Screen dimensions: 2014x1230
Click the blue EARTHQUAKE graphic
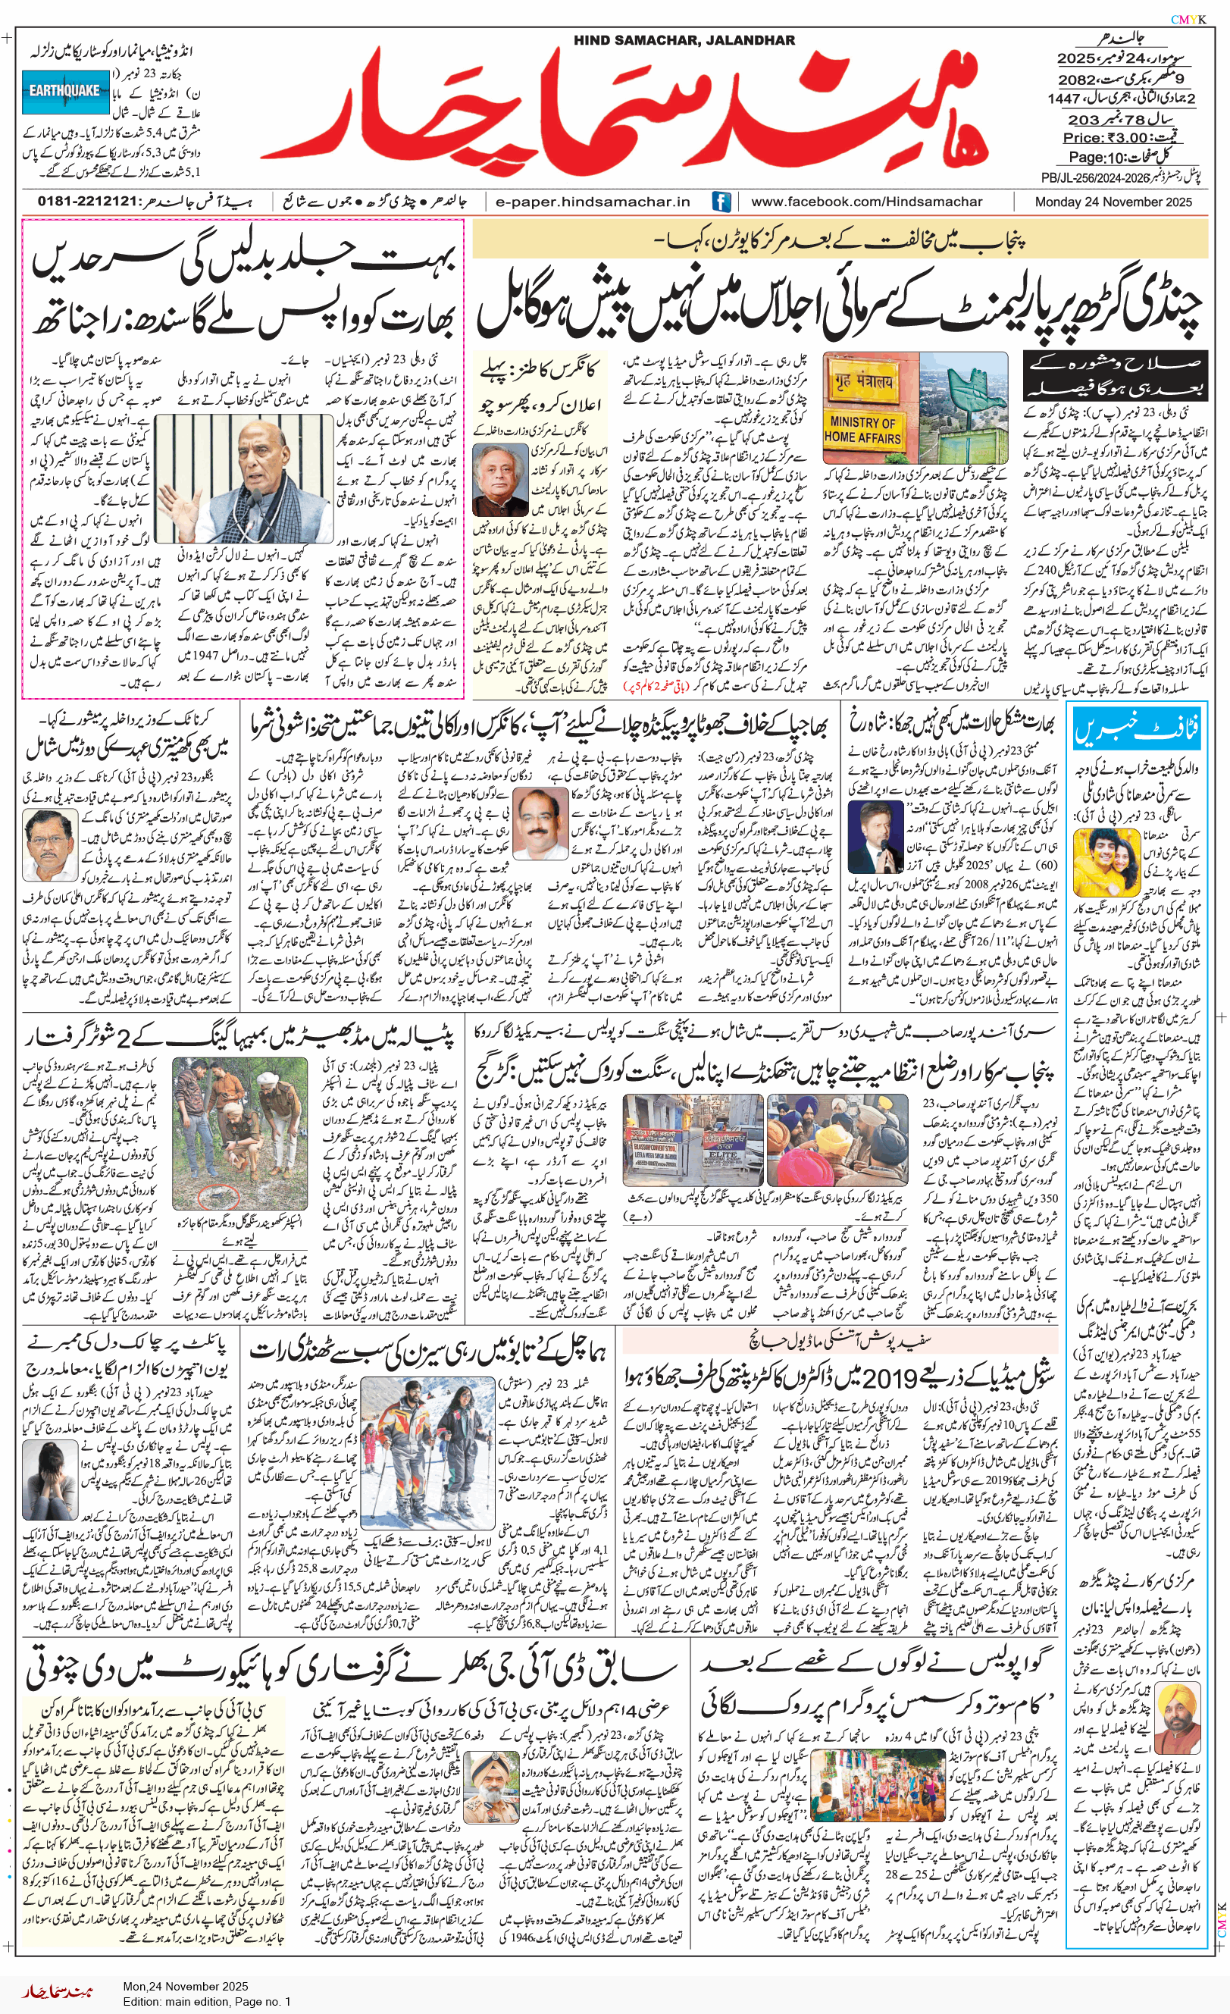pyautogui.click(x=64, y=91)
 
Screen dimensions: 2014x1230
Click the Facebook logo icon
pyautogui.click(x=721, y=201)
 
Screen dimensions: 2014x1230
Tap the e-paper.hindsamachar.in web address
pyautogui.click(x=593, y=202)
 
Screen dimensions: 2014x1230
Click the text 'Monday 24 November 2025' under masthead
pyautogui.click(x=1113, y=202)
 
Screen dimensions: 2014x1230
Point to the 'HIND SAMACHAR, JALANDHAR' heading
pyautogui.click(x=684, y=40)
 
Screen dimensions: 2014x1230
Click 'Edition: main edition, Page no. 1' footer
pyautogui.click(x=207, y=2001)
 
